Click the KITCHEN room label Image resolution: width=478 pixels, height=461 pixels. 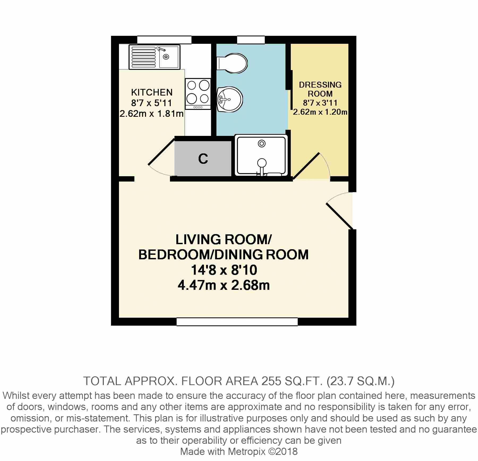click(152, 92)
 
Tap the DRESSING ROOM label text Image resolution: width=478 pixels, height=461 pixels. click(320, 89)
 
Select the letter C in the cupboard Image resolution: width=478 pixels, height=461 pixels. click(203, 159)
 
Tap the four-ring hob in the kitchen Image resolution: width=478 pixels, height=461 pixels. click(198, 94)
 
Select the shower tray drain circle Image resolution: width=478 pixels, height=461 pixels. click(262, 144)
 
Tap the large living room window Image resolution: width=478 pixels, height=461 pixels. click(237, 322)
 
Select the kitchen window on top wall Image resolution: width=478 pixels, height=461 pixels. click(164, 40)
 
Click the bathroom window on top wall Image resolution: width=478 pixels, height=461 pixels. click(251, 40)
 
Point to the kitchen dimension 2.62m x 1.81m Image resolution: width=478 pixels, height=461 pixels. click(152, 114)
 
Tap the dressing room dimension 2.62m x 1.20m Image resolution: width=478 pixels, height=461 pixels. click(320, 112)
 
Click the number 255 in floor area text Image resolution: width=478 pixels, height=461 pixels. click(271, 381)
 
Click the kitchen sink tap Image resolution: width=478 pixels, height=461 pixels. click(161, 49)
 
